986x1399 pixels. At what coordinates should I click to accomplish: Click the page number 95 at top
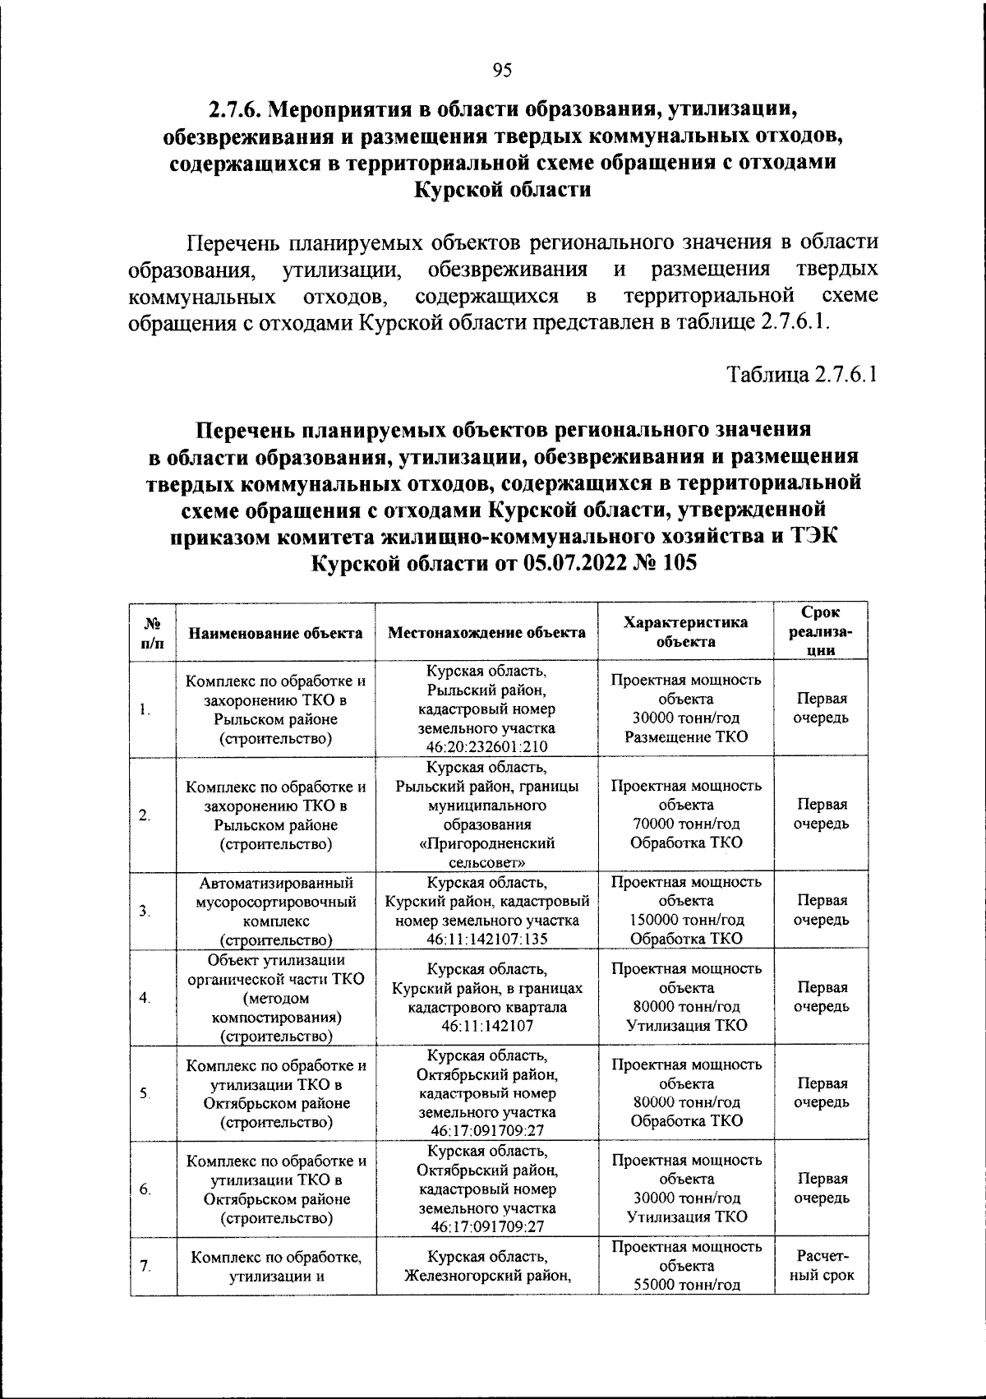(x=502, y=71)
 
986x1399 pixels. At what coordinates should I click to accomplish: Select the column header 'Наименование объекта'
(x=275, y=633)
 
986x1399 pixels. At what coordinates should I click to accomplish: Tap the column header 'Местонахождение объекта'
(x=486, y=633)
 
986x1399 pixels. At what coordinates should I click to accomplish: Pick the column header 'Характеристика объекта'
(x=686, y=632)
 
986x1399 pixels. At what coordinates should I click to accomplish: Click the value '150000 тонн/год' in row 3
(x=686, y=920)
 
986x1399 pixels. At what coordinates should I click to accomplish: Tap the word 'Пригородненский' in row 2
(x=486, y=843)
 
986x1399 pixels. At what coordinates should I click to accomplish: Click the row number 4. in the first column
(x=145, y=997)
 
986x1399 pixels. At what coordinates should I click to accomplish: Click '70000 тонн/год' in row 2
(x=686, y=824)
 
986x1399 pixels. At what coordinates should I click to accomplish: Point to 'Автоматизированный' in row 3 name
(x=275, y=882)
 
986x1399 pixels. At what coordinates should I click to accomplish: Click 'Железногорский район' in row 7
(x=486, y=1276)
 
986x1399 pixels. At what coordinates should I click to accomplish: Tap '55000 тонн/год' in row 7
(x=686, y=1285)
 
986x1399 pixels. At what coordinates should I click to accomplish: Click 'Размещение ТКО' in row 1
(x=686, y=736)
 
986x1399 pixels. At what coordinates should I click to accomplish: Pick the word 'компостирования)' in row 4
(x=275, y=1018)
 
